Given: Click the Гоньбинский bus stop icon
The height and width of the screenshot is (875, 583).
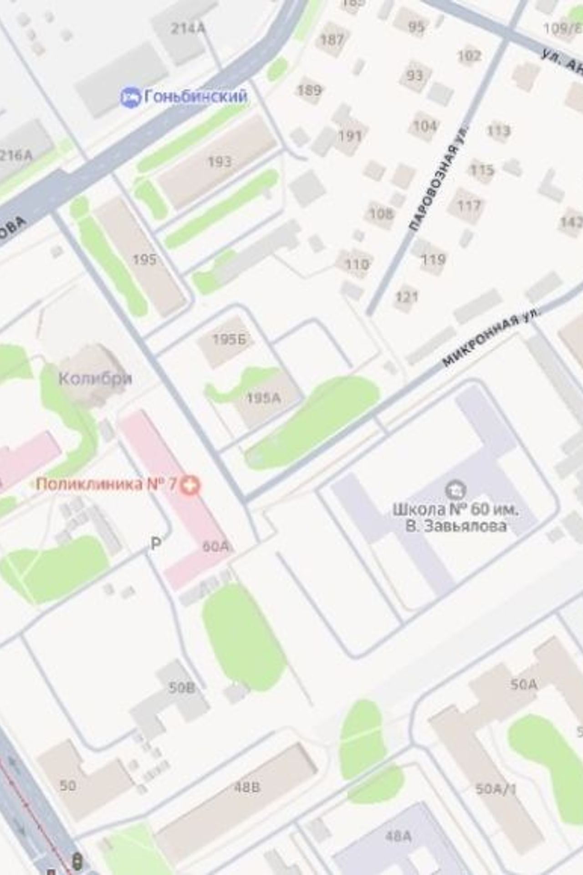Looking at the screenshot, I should [x=130, y=97].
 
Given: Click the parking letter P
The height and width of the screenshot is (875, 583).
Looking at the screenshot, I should [x=156, y=543].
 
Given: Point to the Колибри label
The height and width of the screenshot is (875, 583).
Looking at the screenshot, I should [x=95, y=378].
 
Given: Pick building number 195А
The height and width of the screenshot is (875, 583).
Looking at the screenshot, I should [x=264, y=398].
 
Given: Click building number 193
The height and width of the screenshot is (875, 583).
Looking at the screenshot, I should [x=220, y=161].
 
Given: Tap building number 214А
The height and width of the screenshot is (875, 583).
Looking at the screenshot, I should [x=188, y=28].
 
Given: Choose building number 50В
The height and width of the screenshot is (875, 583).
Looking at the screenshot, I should [x=182, y=687].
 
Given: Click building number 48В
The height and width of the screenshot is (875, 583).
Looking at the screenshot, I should [x=247, y=787].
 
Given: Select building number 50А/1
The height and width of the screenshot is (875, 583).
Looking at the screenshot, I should [x=496, y=789].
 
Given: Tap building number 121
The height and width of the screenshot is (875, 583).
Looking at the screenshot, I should [x=407, y=297].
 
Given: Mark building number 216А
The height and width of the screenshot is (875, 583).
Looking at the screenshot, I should [x=16, y=155].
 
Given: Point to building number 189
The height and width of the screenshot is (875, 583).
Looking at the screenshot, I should [x=309, y=90].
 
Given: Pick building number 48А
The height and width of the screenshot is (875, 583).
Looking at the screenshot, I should [x=398, y=836].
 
